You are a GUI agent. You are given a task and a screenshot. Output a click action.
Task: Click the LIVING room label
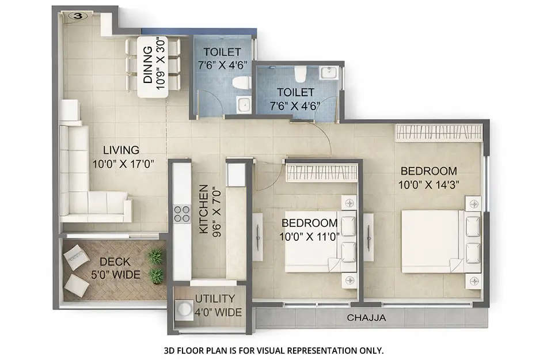click(x=117, y=150)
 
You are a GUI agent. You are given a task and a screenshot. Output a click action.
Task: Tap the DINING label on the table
click(x=147, y=67)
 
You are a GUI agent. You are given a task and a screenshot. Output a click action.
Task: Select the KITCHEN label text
click(x=203, y=210)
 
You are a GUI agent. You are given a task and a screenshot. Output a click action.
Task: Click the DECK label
click(x=115, y=262)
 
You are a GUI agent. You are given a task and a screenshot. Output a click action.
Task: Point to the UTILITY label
click(x=214, y=299)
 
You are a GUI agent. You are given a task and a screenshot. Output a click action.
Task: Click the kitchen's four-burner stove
click(x=182, y=214)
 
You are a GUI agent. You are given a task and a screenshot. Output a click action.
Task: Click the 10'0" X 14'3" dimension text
click(x=428, y=184)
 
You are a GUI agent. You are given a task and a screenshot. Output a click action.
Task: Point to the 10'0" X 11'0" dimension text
click(x=310, y=236)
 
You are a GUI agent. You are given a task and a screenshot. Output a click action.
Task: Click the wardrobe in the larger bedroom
click(x=438, y=132)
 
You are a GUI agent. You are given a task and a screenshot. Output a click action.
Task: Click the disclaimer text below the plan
click(x=273, y=350)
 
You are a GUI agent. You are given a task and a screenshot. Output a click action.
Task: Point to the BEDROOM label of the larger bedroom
click(x=428, y=171)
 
